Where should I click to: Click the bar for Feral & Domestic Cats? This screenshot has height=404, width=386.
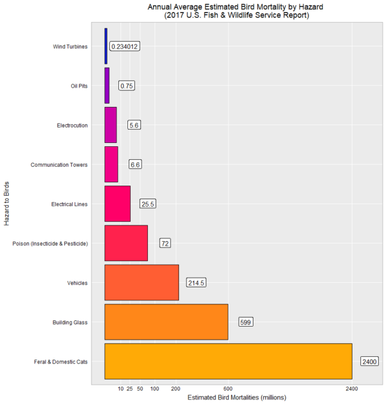point(228,361)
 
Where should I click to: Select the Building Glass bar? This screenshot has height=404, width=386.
point(166,322)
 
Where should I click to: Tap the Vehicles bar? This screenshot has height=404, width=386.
point(142,282)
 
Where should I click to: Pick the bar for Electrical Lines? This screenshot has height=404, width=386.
point(117,204)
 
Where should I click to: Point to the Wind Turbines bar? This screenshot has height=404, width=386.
point(106,46)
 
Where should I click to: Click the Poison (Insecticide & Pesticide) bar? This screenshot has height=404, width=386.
point(126,243)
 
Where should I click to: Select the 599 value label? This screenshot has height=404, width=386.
point(245,322)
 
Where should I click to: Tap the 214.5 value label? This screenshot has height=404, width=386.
point(196,282)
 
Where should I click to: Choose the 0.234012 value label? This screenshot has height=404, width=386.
point(125,46)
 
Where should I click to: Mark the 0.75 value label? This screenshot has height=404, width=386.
point(127,86)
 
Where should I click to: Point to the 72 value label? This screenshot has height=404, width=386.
point(165,243)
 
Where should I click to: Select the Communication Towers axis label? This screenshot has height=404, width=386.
point(59,164)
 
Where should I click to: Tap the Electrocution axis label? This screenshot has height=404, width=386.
point(73,125)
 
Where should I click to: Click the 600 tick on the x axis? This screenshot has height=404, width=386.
point(228,389)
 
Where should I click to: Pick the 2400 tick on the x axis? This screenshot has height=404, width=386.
point(352,389)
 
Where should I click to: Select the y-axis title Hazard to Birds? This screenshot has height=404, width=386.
point(7,204)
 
